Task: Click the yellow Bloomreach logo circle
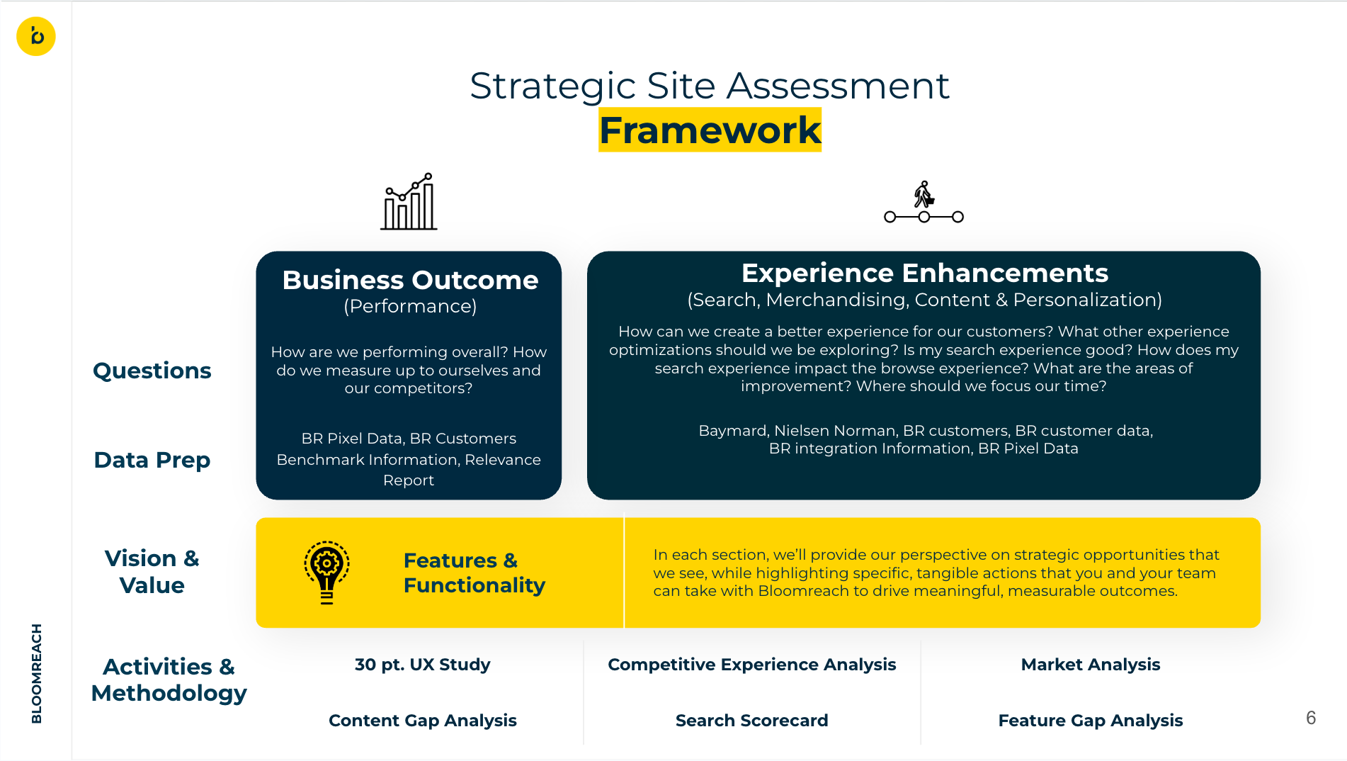[36, 36]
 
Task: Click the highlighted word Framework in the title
[710, 130]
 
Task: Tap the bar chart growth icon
[409, 202]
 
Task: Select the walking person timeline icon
[923, 203]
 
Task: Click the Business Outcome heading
[410, 281]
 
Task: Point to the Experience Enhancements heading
[924, 274]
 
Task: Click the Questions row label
[152, 371]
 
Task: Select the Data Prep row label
[152, 460]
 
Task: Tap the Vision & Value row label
[152, 572]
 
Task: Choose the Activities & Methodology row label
[169, 680]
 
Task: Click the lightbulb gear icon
[326, 572]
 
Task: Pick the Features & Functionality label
[474, 573]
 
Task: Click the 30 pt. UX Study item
[422, 665]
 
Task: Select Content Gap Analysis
[422, 721]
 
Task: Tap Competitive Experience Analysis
[751, 665]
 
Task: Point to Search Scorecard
[751, 721]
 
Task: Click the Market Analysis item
[1090, 665]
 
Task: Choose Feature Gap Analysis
[1090, 721]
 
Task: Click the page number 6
[1311, 718]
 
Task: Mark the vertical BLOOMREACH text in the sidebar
[37, 673]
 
